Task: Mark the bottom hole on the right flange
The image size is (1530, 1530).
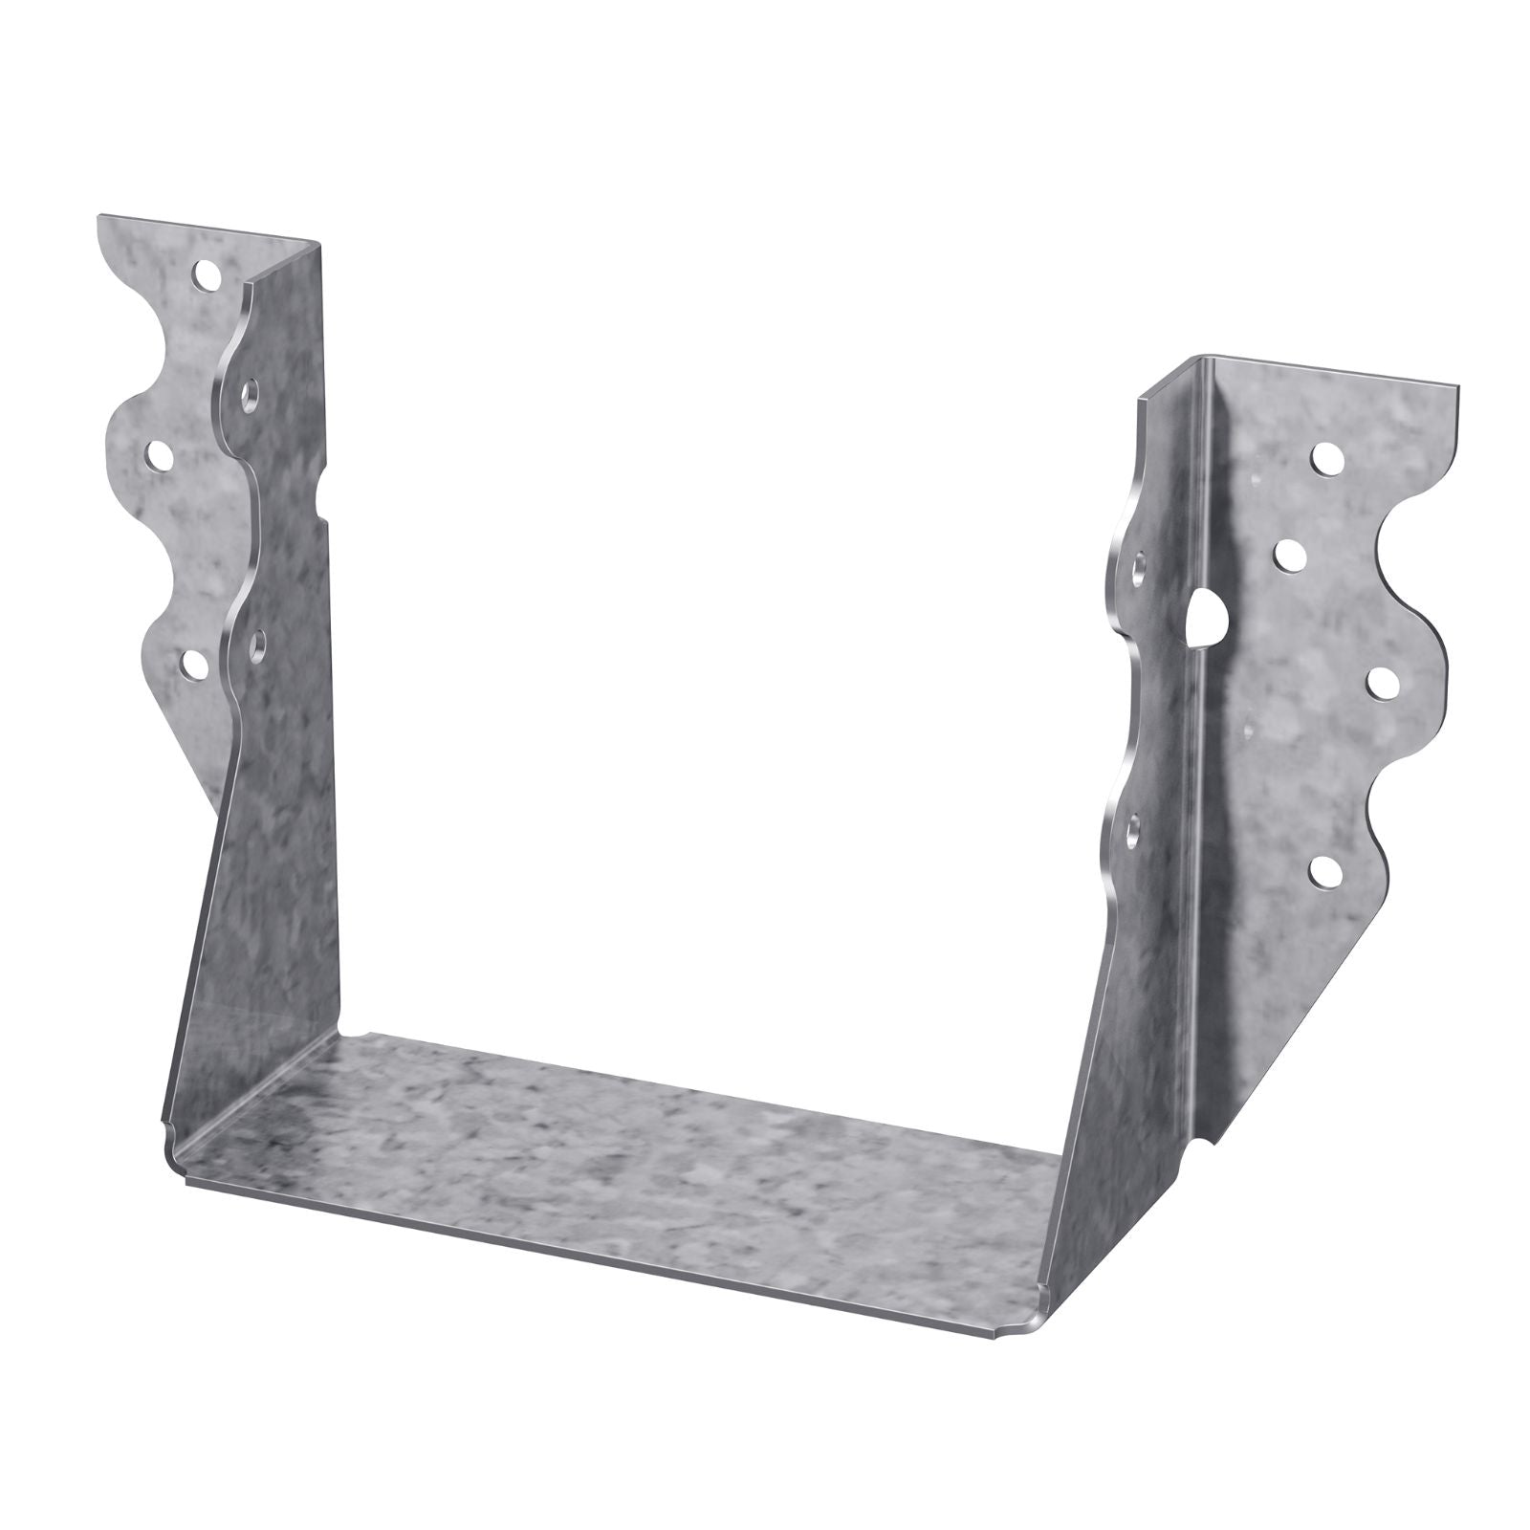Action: coord(1324,869)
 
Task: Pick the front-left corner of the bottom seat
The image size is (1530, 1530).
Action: coord(177,1143)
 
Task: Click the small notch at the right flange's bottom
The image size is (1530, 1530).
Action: coord(1213,1140)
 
